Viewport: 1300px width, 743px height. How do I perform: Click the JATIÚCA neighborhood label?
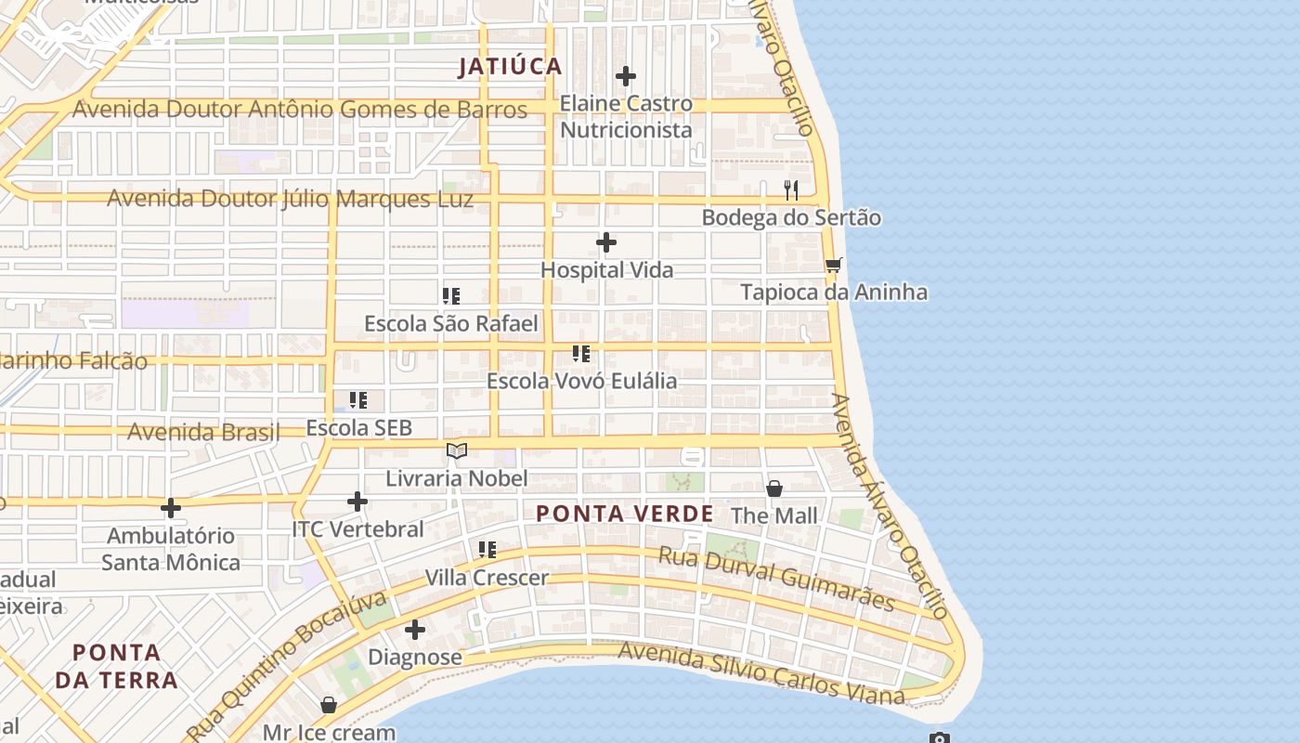click(x=511, y=66)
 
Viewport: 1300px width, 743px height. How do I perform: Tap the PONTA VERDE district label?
click(x=625, y=514)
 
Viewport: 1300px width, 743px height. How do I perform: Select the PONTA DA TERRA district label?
click(x=116, y=666)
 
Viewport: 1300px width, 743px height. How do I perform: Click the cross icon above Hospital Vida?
click(x=606, y=242)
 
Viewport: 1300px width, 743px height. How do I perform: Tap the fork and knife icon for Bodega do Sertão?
click(x=791, y=190)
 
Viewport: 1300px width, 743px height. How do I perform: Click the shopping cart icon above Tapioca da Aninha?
click(x=833, y=266)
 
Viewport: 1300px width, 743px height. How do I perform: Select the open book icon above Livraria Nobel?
click(x=457, y=450)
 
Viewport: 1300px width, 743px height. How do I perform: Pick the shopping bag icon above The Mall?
click(x=774, y=489)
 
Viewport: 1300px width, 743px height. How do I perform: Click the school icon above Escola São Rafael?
click(x=451, y=296)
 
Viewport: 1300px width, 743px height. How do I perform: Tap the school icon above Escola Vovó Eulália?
click(x=581, y=354)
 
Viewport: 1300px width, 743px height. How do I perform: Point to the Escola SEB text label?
click(x=358, y=428)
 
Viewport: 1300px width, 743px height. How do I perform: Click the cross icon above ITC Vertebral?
click(x=357, y=502)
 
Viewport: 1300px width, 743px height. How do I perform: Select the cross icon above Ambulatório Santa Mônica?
click(x=171, y=508)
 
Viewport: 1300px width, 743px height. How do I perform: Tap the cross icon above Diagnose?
click(x=415, y=630)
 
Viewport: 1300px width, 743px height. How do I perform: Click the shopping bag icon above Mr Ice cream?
click(x=329, y=705)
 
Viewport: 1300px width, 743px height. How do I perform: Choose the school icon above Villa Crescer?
click(x=487, y=550)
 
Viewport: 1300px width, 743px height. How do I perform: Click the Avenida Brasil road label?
click(x=203, y=432)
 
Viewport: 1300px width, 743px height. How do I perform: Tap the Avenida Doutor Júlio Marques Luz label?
click(x=291, y=199)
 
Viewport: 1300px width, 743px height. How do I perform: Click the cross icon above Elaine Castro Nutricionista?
click(x=626, y=76)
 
